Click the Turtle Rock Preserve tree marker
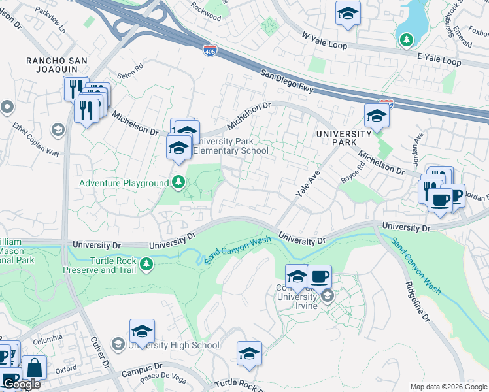pyautogui.click(x=147, y=264)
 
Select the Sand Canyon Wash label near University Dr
pyautogui.click(x=237, y=250)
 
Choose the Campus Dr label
pyautogui.click(x=141, y=373)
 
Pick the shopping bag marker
pyautogui.click(x=35, y=368)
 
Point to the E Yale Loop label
pyautogui.click(x=439, y=59)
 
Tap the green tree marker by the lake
pyautogui.click(x=407, y=41)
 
